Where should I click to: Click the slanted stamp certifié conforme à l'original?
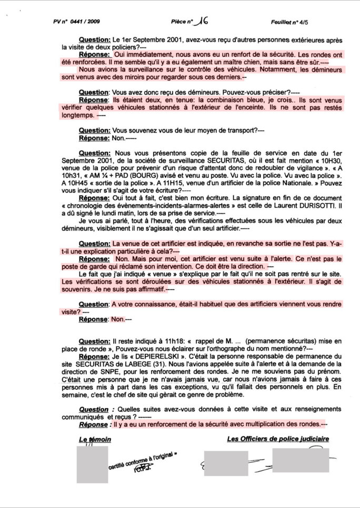click(143, 463)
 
